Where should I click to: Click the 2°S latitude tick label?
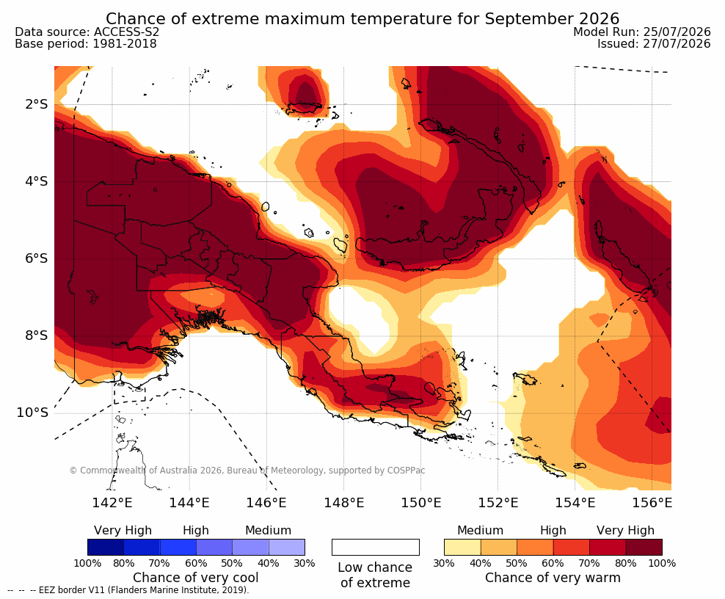37,104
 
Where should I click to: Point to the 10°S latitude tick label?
32,413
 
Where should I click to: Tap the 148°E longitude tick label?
343,502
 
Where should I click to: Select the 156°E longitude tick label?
652,502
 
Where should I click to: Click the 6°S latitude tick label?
37,258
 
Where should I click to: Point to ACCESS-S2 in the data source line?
126,32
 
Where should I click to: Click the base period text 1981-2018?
124,43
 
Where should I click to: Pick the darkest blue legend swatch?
106,547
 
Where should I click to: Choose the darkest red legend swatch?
644,547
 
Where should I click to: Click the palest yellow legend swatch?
462,547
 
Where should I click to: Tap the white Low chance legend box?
376,547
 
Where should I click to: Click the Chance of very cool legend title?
196,578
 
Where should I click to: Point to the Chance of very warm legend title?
553,578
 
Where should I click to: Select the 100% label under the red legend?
662,563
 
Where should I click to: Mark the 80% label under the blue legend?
123,563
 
